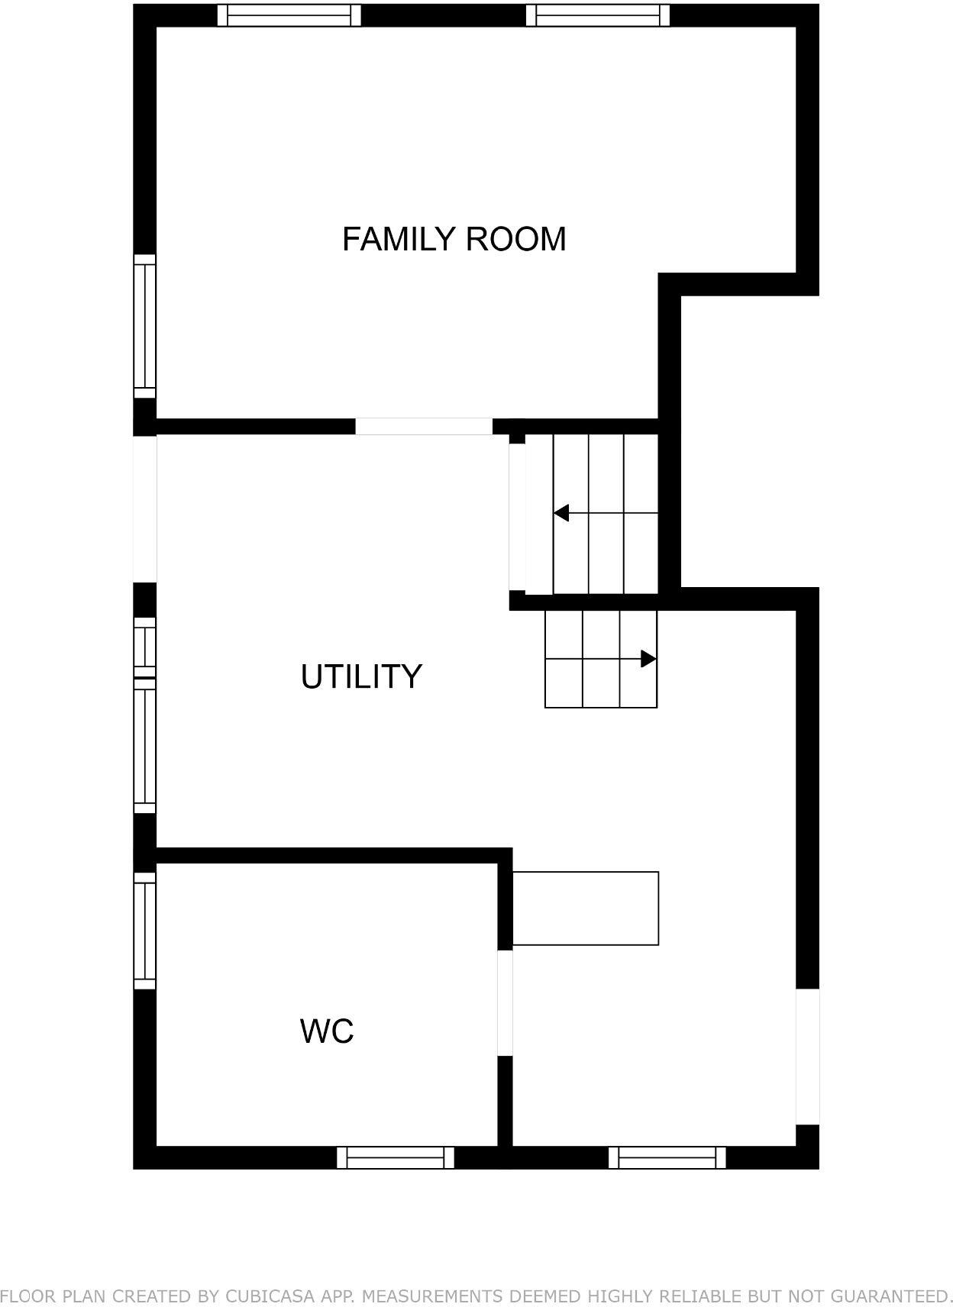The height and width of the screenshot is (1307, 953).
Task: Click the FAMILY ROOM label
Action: [x=454, y=239]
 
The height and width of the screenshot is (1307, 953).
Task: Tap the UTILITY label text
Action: [x=360, y=676]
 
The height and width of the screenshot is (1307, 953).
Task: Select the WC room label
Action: [x=327, y=1031]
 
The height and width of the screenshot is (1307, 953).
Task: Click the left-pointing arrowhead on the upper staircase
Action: [x=562, y=513]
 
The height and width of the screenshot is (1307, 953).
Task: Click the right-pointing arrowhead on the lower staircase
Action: [x=648, y=658]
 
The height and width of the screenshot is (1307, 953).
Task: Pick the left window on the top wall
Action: [x=289, y=15]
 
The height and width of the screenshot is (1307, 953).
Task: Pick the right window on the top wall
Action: [x=598, y=15]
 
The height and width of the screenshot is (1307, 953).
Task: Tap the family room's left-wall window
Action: [x=144, y=326]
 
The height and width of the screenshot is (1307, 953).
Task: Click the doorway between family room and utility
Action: [x=424, y=426]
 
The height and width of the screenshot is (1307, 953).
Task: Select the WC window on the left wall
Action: [x=144, y=930]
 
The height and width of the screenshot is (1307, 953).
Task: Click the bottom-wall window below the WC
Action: [x=396, y=1157]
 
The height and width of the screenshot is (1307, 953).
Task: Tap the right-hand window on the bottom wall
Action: [x=667, y=1157]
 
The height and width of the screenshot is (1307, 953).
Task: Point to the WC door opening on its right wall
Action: [x=505, y=1002]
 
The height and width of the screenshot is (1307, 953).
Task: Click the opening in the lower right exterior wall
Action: [x=807, y=1056]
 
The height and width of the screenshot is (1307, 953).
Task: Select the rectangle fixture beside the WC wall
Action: [x=585, y=908]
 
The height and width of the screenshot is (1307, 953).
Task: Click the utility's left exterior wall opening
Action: [x=144, y=508]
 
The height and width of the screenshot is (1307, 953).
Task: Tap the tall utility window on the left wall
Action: [x=144, y=747]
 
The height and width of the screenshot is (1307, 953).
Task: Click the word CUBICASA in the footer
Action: [x=264, y=1296]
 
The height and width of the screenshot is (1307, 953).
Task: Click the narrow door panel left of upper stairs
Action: [x=517, y=517]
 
